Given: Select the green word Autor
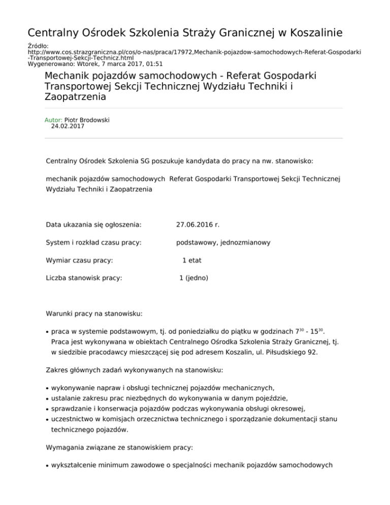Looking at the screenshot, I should coord(54,120).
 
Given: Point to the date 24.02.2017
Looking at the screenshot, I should coord(68,127).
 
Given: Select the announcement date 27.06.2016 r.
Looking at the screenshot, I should coord(198,225).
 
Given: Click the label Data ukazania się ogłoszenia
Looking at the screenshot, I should coord(93,225).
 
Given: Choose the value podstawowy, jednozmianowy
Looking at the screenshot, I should coord(223,242).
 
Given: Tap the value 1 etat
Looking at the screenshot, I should coord(192,260).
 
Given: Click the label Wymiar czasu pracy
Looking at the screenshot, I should coord(79,260).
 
